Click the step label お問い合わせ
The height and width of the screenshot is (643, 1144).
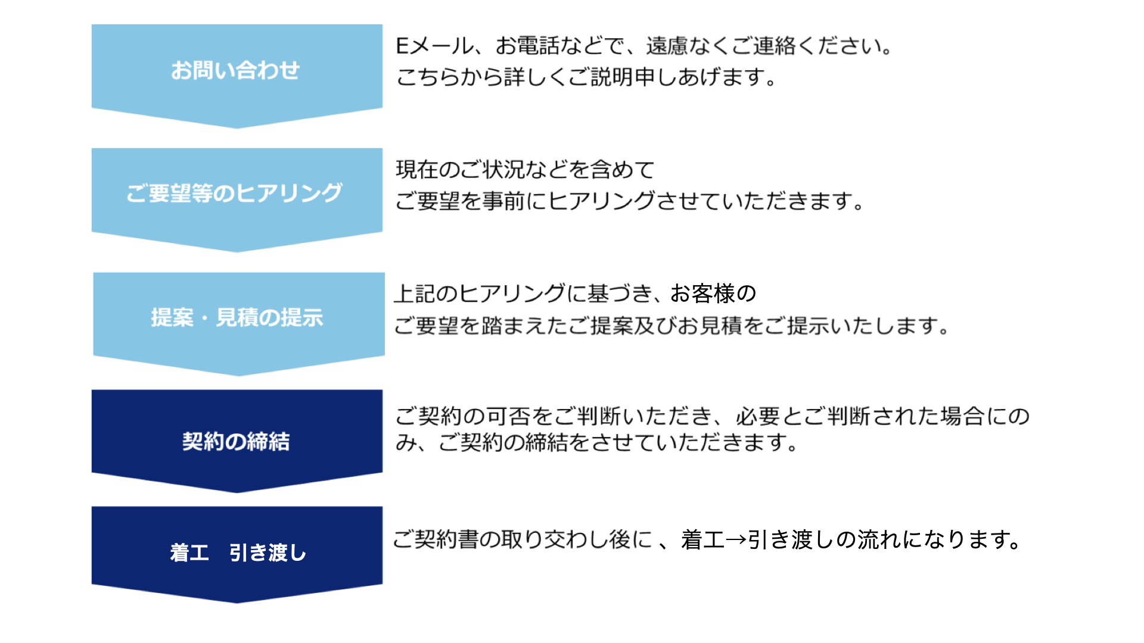click(235, 70)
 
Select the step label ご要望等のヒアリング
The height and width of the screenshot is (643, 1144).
click(234, 193)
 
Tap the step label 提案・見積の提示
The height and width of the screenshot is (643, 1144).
click(237, 317)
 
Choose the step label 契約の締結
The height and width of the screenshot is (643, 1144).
click(236, 441)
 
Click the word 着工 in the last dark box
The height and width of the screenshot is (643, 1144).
click(189, 553)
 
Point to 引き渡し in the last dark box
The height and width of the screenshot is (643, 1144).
click(268, 553)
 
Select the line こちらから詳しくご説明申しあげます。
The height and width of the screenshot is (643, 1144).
click(586, 77)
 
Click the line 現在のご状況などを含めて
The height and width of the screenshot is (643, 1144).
click(525, 170)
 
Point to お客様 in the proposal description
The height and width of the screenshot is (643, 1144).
click(703, 294)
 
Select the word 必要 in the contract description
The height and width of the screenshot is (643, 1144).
click(758, 416)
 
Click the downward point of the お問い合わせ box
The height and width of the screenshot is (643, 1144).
click(237, 128)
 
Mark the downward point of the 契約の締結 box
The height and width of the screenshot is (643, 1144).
click(237, 492)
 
